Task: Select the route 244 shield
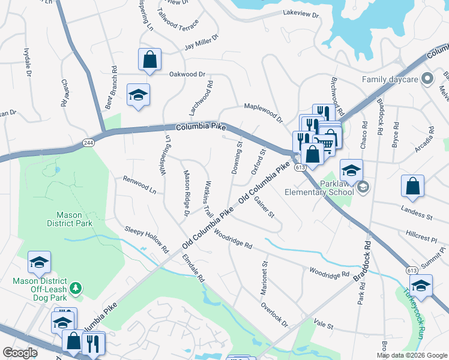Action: [89, 142]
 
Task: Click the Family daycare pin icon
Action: [427, 79]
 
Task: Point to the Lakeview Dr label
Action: [300, 13]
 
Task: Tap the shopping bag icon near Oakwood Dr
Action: [149, 60]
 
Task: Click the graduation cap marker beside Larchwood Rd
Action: [138, 95]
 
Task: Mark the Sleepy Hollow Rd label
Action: [147, 238]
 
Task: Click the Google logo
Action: [20, 353]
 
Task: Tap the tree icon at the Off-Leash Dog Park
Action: [76, 289]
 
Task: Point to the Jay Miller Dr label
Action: [202, 44]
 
